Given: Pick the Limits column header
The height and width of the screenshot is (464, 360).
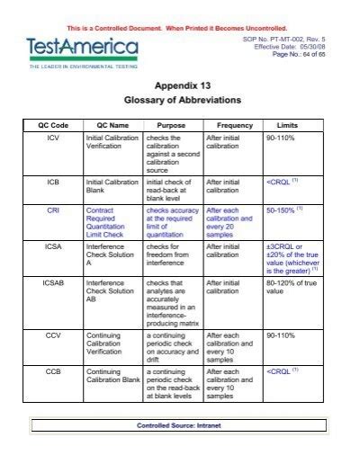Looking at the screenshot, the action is point(288,125).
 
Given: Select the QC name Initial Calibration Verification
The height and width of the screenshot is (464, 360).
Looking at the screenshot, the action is point(108,143).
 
